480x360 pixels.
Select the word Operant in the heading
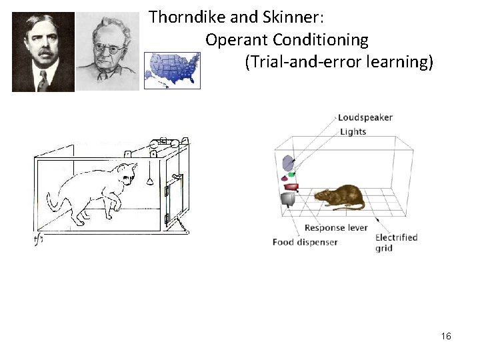[234, 40]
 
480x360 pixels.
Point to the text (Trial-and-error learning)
[339, 63]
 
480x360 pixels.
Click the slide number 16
[446, 336]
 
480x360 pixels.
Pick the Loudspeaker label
[365, 117]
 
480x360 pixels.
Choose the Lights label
[353, 131]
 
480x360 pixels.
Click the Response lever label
[334, 227]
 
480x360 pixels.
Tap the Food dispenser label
[305, 242]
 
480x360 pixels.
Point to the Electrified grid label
[396, 243]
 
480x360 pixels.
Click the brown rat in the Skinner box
[339, 196]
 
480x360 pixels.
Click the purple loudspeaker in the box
[288, 163]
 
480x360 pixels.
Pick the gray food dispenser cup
[288, 199]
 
